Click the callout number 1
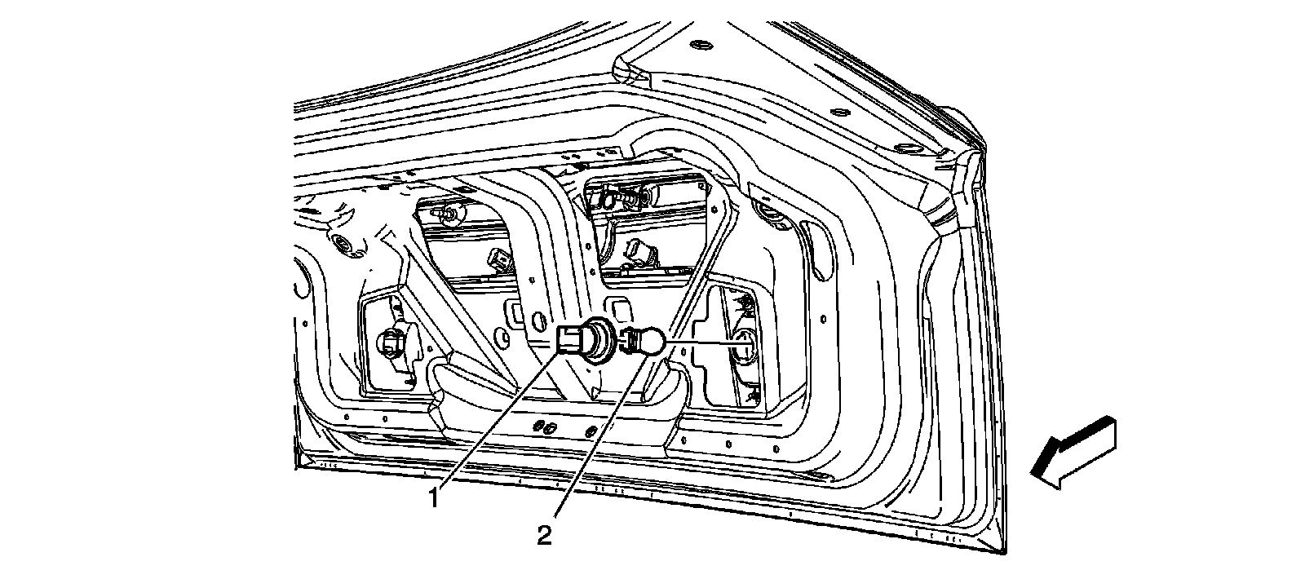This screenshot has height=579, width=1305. click(435, 497)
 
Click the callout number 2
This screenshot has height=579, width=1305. click(544, 535)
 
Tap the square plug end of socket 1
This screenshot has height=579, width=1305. click(569, 339)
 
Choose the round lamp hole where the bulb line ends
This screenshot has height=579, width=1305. click(745, 346)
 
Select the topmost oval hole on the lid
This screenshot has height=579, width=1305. click(700, 42)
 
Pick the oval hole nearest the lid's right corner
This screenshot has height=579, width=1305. click(908, 147)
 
